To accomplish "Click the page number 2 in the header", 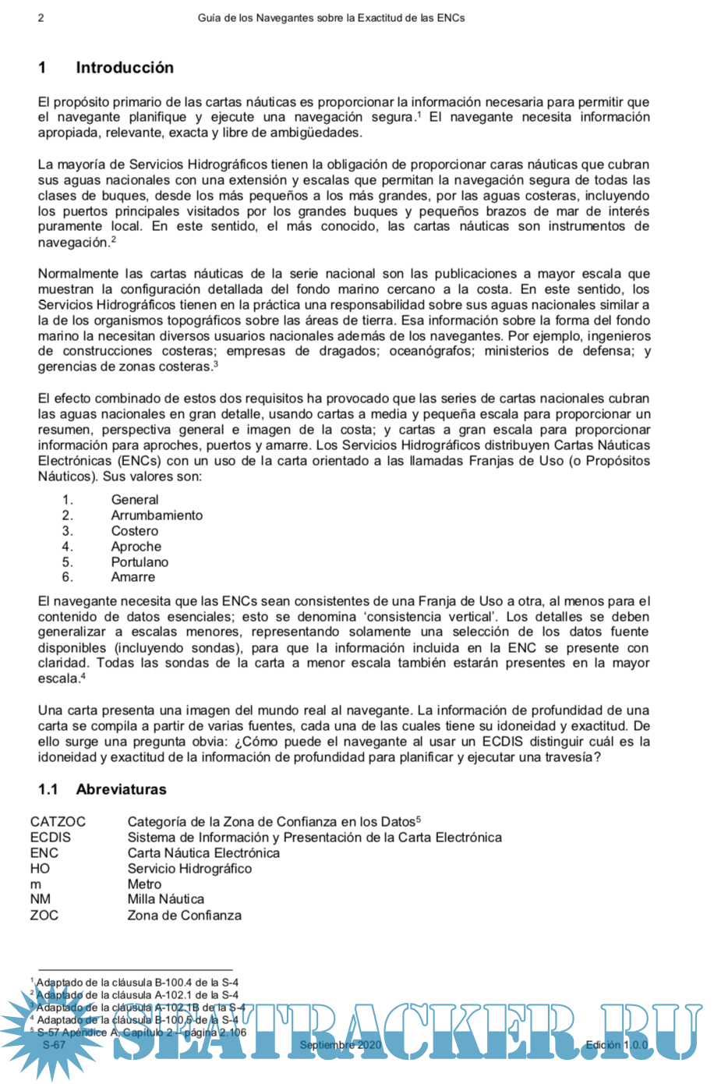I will coord(41,17).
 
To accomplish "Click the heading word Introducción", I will coord(125,68).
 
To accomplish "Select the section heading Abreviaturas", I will coord(121,789).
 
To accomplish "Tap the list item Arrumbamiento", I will coord(157,515).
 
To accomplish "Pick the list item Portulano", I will coord(140,561).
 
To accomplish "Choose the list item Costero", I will coord(134,531).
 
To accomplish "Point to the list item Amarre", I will coord(133,577).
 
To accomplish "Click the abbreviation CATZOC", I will coord(58,821).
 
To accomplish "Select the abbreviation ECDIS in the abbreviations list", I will coord(50,837).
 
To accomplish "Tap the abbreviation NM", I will coord(41,899).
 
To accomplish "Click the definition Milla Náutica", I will coord(165,899).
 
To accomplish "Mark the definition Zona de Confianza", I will coord(184,915).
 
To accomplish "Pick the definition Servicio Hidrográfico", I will coord(189,868).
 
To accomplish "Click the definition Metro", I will coord(144,884).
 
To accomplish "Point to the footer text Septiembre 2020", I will coord(341,1045).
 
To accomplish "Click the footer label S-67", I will coord(54,1045).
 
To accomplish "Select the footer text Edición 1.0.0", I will coord(617,1045).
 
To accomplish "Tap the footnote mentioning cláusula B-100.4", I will coord(137,983).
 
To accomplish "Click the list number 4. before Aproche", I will coord(68,547).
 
